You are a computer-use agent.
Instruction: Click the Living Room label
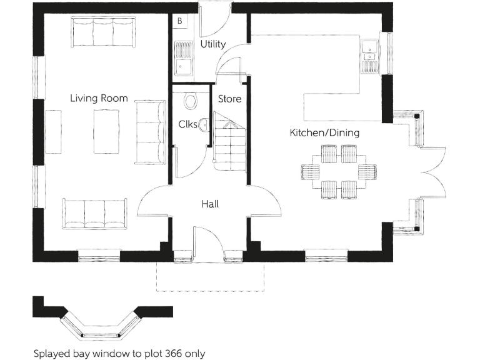click(x=99, y=98)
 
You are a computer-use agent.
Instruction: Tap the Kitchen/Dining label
click(x=324, y=133)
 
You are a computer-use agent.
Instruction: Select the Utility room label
click(x=212, y=44)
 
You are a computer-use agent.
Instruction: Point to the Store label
click(x=229, y=99)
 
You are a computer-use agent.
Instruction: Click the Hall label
click(x=210, y=204)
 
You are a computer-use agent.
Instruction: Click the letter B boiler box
click(x=180, y=21)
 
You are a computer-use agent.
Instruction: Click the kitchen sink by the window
click(x=370, y=51)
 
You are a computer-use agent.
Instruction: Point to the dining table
click(x=339, y=171)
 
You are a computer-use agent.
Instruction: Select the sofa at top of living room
click(x=102, y=31)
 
